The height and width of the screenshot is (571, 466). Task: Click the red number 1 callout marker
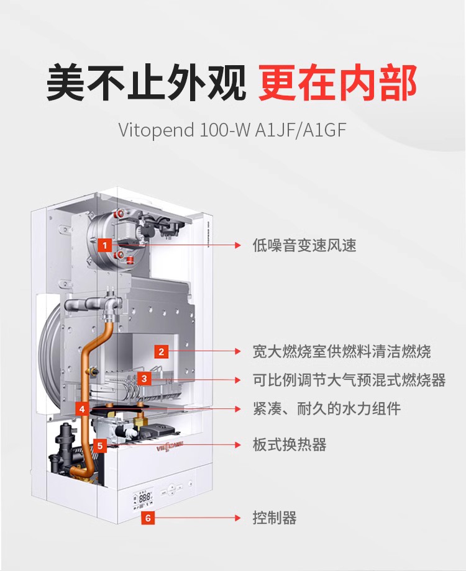coord(104,245)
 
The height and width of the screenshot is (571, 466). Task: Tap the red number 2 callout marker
coord(161,352)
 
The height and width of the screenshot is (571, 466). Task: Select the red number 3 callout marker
coord(144,379)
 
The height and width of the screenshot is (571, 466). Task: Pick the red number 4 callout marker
coord(81,409)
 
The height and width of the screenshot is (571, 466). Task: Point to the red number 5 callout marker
coord(100,446)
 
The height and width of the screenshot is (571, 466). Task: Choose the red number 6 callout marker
coord(148,518)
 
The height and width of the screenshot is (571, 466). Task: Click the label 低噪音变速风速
coord(304,245)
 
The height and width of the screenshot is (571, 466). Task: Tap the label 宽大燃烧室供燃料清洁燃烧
coord(342,352)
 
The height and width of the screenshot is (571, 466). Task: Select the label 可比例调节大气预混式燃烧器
coord(349,380)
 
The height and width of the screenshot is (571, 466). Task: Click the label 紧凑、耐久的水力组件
coord(327,408)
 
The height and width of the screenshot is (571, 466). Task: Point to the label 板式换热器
coord(290,444)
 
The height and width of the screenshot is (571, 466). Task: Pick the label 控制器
coord(275,518)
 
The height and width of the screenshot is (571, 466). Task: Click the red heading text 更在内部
coord(337,83)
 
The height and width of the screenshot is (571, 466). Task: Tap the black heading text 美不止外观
coord(146,83)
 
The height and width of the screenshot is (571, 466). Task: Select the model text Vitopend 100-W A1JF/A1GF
coord(232,130)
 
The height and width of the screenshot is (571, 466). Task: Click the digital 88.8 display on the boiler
coord(145,497)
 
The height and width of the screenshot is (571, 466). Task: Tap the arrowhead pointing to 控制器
coord(238,518)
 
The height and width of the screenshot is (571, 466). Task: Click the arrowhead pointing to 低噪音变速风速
coord(238,245)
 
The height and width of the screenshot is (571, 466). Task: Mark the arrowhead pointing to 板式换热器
coord(238,445)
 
